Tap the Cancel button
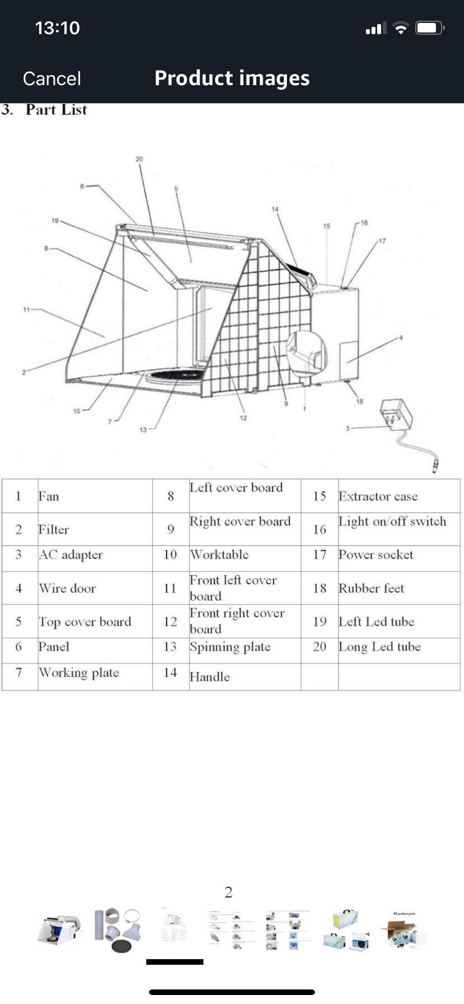pos(52,78)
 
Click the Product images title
pos(232,78)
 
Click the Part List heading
pos(56,110)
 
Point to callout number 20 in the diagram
pos(139,159)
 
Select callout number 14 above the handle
pos(275,210)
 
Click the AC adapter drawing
pos(397,415)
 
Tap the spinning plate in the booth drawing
pos(174,374)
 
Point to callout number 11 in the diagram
pos(26,309)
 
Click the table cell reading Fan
pos(49,496)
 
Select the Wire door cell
pos(67,588)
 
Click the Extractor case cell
pos(378,496)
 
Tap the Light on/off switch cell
pos(392,522)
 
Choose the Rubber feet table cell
pos(371,588)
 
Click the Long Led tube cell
pos(379,647)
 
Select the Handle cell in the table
pos(210,677)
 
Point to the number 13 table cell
pos(170,647)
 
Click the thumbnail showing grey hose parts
pos(117,929)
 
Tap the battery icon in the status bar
pos(429,28)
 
